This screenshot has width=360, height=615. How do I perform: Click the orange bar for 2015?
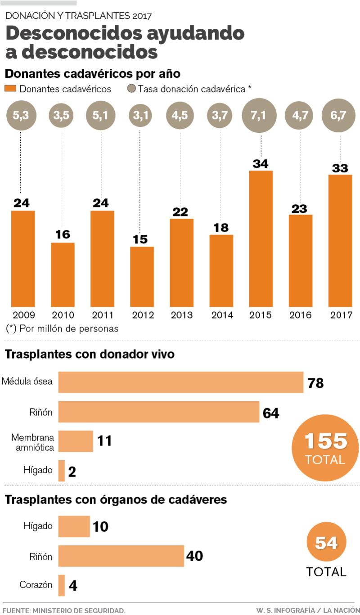point(261,238)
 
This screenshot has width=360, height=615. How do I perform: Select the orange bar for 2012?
point(142,276)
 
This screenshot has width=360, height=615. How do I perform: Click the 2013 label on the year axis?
point(181,315)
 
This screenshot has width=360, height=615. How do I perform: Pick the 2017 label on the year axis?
point(340,315)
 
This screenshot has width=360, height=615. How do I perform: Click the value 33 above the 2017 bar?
point(340,168)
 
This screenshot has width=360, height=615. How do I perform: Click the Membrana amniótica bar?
point(76,441)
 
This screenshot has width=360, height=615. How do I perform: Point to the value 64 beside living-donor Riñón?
point(271,413)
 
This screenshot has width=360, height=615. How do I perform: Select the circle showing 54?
point(326,543)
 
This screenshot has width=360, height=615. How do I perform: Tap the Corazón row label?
point(36,585)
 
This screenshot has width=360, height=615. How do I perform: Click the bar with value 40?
point(121,556)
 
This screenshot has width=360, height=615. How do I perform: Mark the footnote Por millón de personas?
point(62,329)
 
